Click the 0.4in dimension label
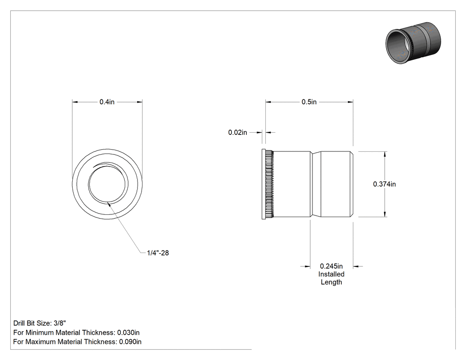107,102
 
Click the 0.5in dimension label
309,102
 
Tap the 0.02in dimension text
237,133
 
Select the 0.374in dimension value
384,184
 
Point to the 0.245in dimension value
331,266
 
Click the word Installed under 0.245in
332,274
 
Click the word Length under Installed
332,282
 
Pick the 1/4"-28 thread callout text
158,253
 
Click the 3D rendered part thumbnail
413,43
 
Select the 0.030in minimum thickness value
128,332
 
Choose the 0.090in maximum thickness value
130,342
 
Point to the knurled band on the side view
269,184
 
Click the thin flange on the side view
264,184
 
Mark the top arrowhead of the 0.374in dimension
385,154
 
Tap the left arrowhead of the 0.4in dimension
75,102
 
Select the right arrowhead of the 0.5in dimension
350,102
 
